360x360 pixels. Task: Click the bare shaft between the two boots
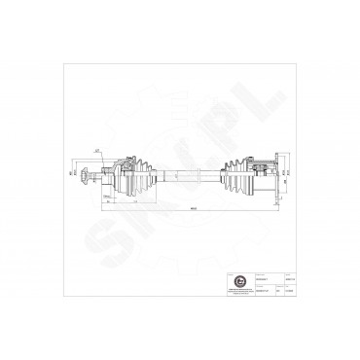[x=187, y=174]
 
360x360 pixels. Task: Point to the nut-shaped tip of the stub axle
[x=87, y=174]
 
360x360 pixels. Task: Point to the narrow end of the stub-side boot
[x=153, y=174]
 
